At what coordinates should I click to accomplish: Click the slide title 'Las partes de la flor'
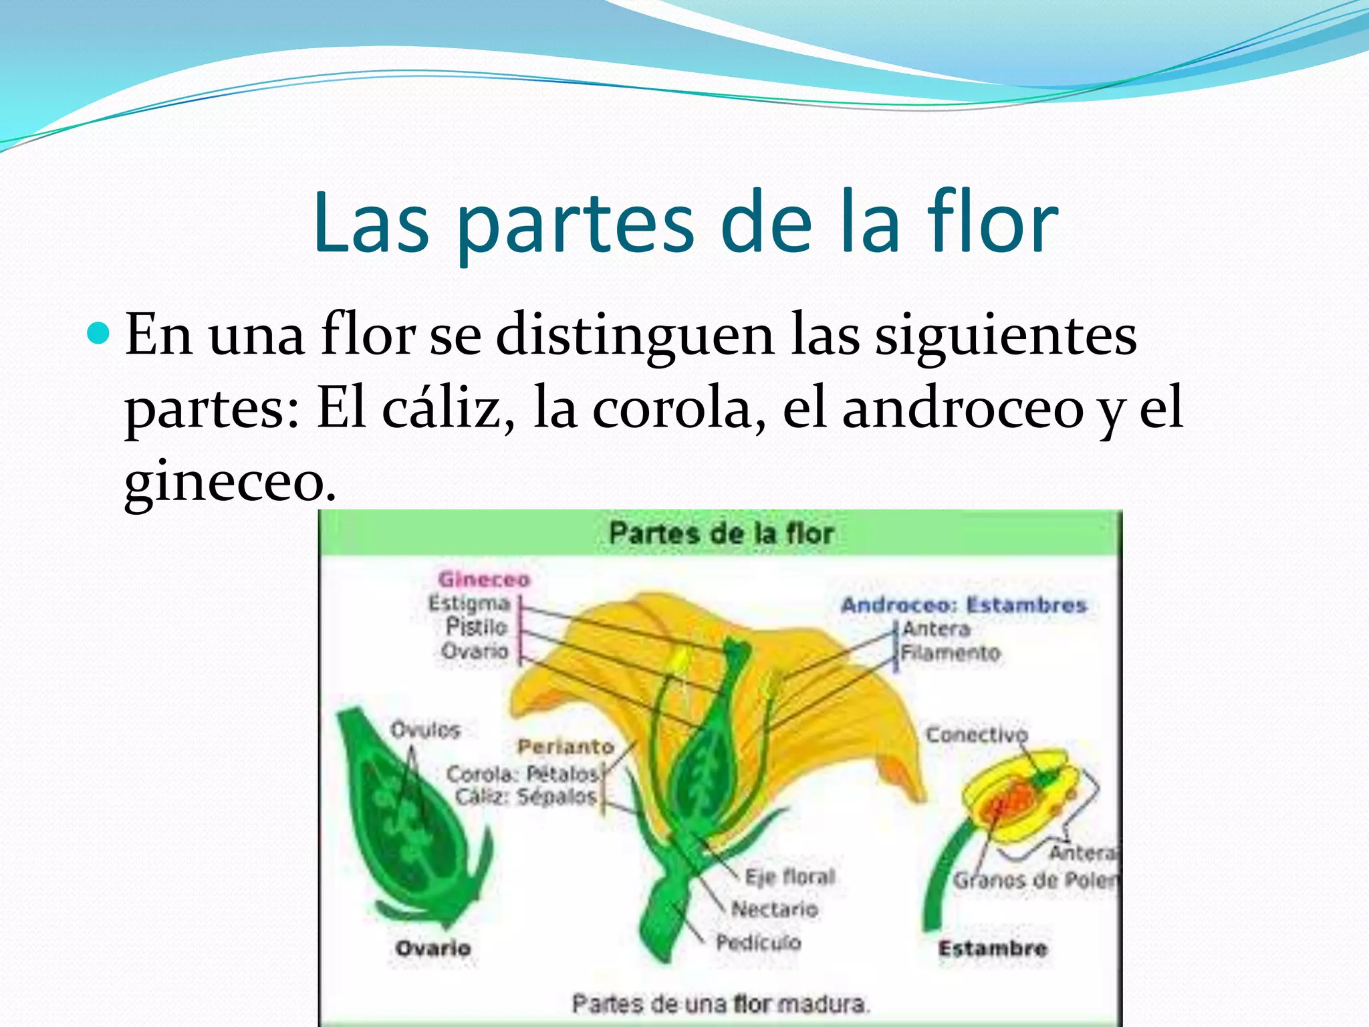685,224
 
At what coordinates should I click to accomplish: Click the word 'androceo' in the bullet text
963,409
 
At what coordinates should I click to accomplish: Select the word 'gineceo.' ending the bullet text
230,483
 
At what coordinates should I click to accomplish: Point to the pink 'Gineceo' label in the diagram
484,579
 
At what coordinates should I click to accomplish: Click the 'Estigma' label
469,603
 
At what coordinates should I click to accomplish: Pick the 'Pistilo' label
477,627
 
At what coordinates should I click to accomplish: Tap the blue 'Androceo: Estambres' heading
963,605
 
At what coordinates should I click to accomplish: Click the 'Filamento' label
950,653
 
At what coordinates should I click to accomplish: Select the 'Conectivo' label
976,735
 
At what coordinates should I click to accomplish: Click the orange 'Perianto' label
566,746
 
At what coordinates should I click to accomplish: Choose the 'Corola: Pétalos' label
523,774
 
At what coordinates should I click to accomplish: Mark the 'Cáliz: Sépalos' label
526,797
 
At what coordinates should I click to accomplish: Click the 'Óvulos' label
426,729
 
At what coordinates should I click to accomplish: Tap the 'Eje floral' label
790,877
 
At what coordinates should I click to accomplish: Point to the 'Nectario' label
775,909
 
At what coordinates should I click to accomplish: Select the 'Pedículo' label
758,943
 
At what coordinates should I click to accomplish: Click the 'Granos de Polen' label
1035,880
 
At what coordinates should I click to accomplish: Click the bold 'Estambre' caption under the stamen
993,948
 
